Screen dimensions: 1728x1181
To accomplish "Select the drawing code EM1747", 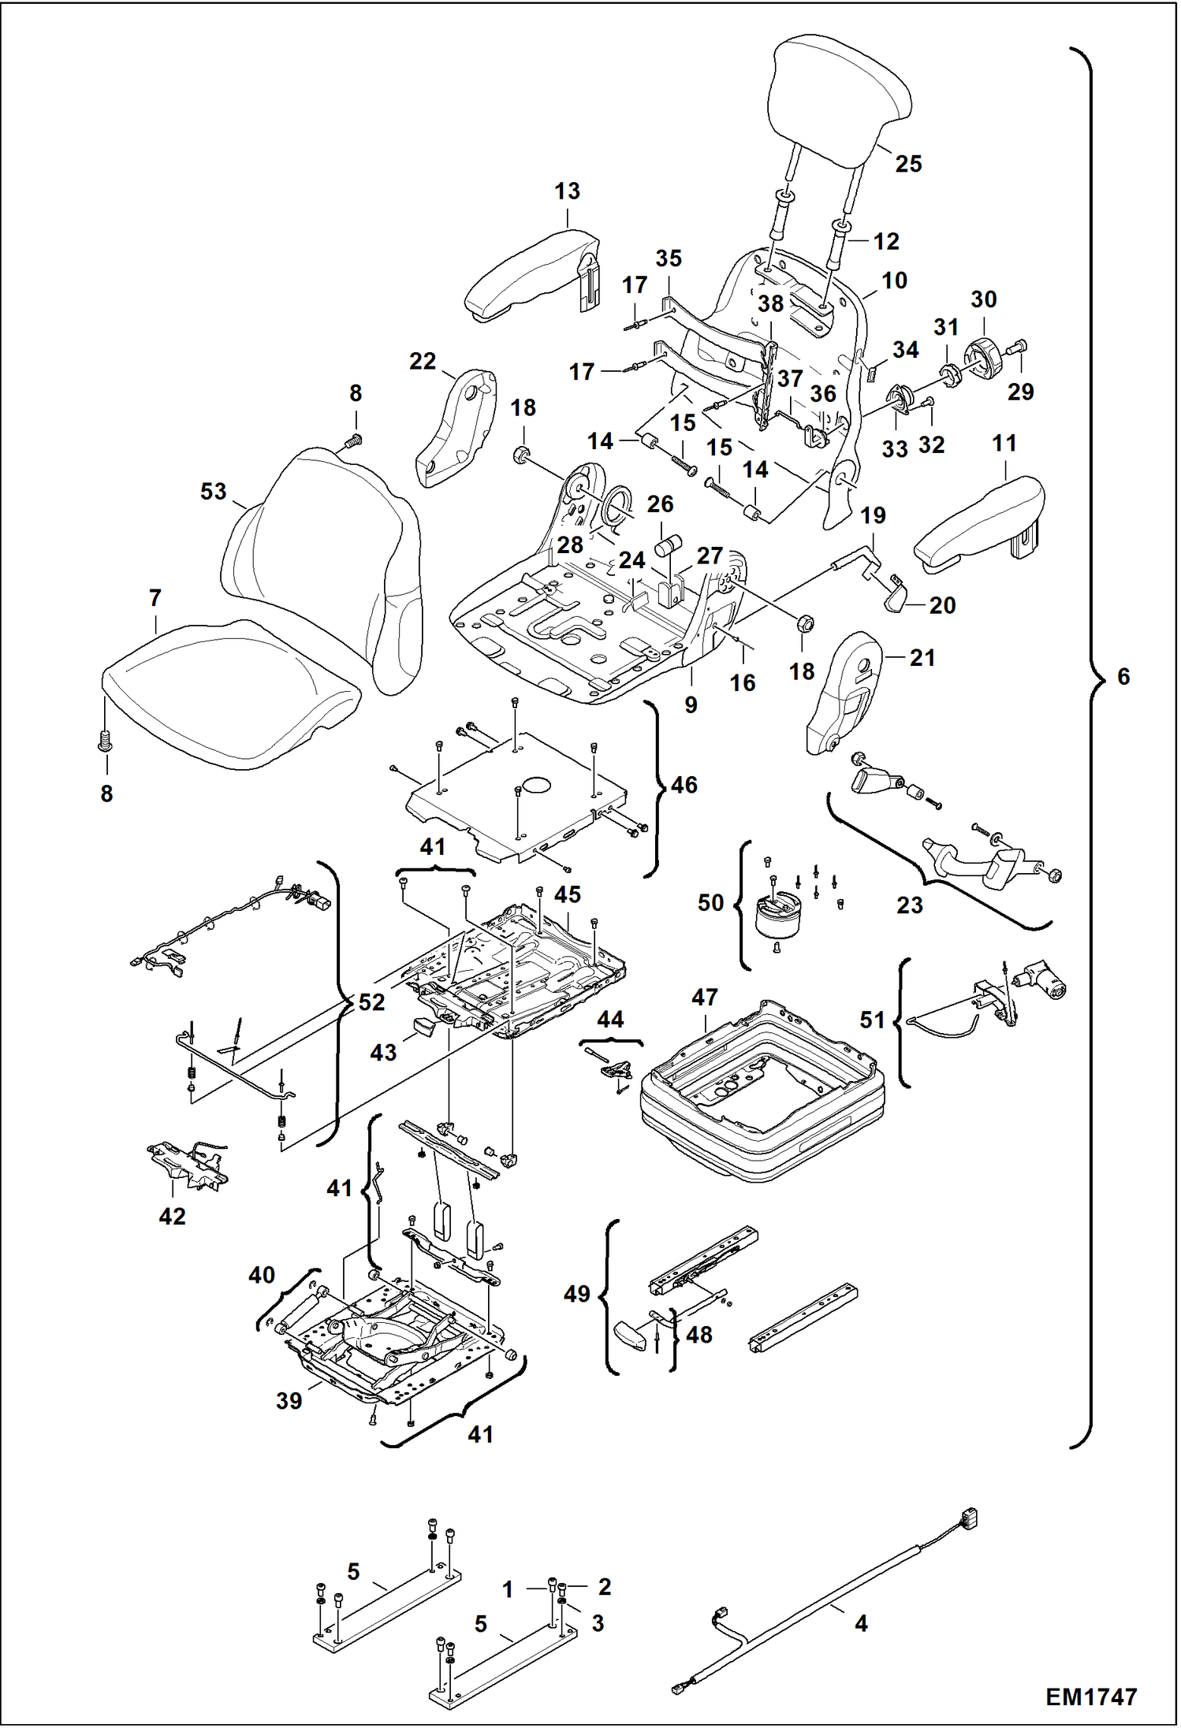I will [x=1091, y=1696].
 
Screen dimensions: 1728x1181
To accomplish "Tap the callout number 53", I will [x=213, y=492].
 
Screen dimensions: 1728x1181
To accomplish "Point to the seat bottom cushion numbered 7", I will [x=229, y=693].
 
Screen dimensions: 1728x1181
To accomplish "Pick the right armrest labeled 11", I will [x=978, y=520].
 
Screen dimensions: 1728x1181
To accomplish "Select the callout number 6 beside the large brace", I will [x=1123, y=676].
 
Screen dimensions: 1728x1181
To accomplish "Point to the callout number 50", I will [x=710, y=902].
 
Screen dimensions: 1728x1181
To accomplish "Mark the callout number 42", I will [x=172, y=1216].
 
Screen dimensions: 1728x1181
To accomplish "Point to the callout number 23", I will [x=909, y=905].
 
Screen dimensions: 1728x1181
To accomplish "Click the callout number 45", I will [x=568, y=894].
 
